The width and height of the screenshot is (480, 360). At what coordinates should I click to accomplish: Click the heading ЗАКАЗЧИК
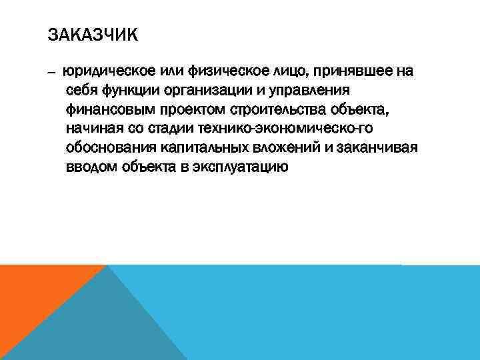[x=93, y=34]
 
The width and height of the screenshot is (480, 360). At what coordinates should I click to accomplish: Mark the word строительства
[x=273, y=109]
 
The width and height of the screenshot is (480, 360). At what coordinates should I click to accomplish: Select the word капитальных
[x=204, y=147]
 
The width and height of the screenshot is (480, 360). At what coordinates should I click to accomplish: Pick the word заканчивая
[x=379, y=147]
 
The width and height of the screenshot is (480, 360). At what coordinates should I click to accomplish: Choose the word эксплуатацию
[x=239, y=167]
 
